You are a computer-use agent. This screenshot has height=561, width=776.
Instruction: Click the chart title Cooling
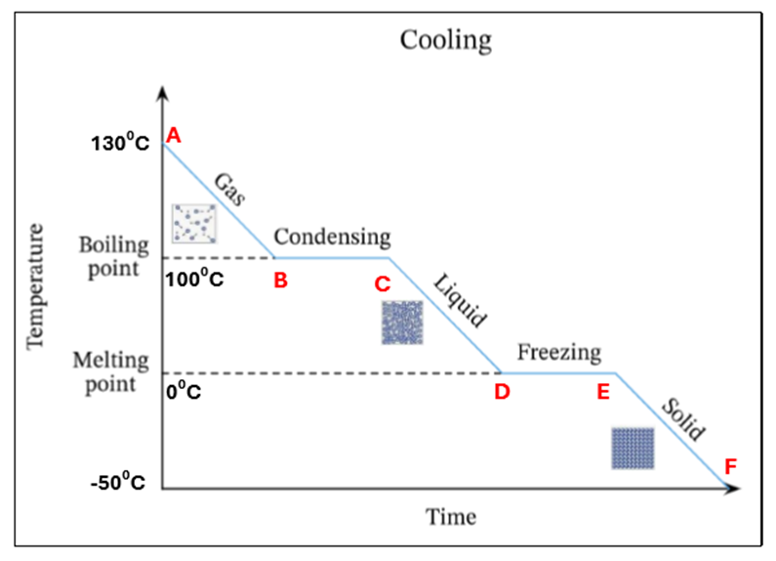pos(445,41)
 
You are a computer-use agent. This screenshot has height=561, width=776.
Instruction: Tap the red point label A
pos(174,135)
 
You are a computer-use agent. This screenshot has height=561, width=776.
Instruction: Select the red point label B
pos(281,281)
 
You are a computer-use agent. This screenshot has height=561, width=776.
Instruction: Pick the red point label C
pos(383,283)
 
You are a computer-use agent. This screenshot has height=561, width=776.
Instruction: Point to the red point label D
pos(502,392)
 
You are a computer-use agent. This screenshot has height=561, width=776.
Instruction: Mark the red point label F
pos(730,465)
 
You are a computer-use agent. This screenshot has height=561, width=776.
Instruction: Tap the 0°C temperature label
pos(183,392)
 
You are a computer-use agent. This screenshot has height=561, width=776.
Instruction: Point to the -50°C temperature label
pos(119,484)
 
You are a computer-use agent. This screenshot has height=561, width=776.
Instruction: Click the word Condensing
pos(332,237)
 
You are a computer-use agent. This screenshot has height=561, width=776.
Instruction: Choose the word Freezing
pos(559,352)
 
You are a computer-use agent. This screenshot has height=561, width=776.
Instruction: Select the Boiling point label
pos(113,256)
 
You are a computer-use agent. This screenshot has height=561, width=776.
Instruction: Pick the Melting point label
pos(110,371)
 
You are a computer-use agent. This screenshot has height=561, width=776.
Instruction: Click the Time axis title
pos(451,516)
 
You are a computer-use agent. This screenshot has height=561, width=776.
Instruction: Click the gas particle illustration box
pos(192,223)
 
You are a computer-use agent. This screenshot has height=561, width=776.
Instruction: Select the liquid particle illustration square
pos(402,322)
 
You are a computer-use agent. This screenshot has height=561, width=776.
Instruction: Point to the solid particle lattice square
pos(633,448)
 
